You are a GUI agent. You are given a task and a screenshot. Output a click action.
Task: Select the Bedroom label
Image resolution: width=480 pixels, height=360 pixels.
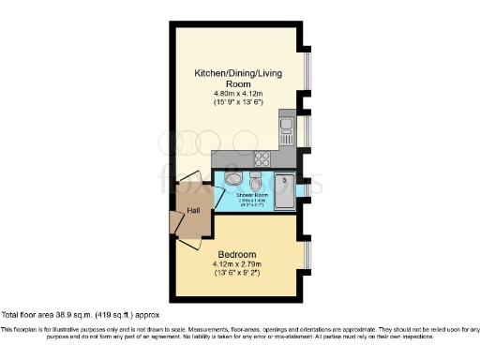tap(238, 254)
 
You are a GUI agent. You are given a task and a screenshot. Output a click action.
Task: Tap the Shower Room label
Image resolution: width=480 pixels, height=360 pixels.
tap(253, 196)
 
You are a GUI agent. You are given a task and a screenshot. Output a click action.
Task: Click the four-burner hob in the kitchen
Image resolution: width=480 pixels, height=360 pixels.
tap(262, 158)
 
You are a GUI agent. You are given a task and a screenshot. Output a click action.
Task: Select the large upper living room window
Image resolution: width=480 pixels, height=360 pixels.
tap(307, 71)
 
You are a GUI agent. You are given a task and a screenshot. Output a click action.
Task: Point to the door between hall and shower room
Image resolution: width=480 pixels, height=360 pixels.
tap(218, 198)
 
